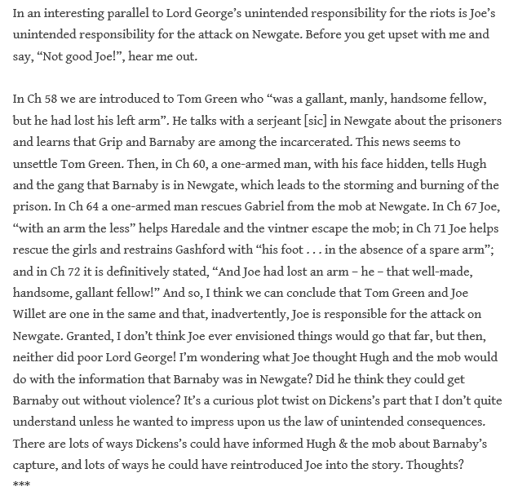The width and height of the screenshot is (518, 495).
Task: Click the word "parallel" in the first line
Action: [137, 14]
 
